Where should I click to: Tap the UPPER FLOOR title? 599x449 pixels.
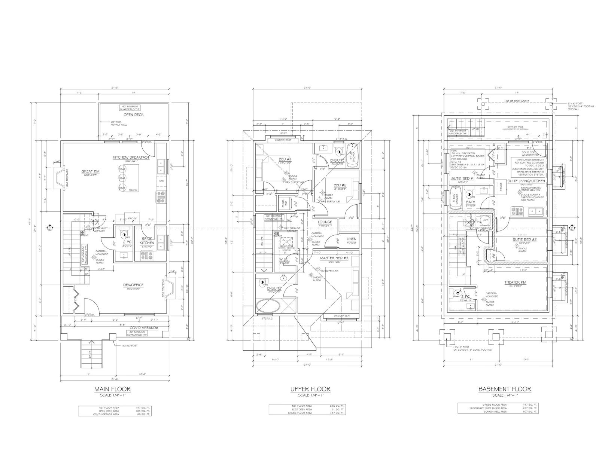coord(310,389)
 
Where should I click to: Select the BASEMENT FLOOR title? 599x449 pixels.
coord(505,389)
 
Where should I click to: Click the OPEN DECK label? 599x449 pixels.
coord(134,114)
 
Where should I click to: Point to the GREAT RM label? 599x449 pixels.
coord(89,172)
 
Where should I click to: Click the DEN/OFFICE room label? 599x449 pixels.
coord(134,285)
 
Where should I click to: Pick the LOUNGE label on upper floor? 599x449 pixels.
coord(325,222)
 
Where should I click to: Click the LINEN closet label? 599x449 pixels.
coord(352,239)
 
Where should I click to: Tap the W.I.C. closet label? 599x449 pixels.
coord(284,259)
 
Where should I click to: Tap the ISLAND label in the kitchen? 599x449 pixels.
coord(133,190)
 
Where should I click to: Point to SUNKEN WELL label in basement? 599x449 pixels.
coord(515,127)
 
